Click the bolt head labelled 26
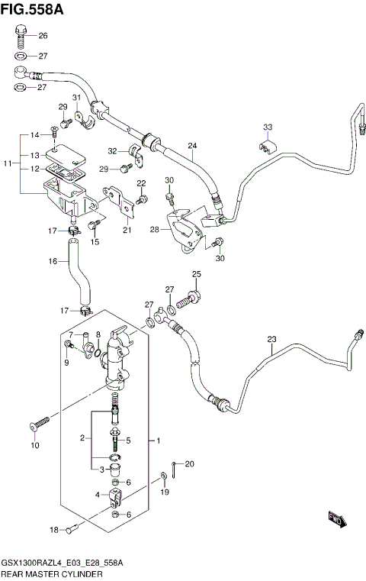click(x=21, y=33)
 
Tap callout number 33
click(x=267, y=127)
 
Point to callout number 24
click(x=192, y=146)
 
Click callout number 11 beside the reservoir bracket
click(x=7, y=163)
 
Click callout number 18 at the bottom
click(x=53, y=530)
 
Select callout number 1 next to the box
click(x=158, y=441)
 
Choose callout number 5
click(x=128, y=441)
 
